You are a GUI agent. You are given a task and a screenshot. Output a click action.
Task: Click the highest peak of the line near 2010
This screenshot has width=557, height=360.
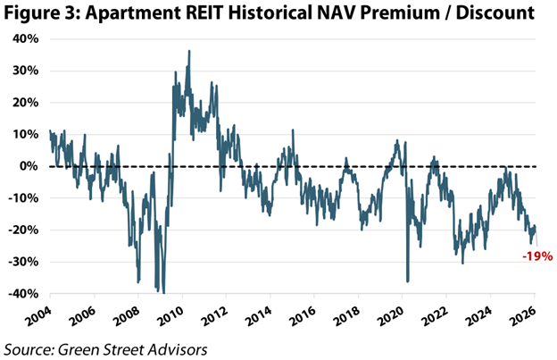188,52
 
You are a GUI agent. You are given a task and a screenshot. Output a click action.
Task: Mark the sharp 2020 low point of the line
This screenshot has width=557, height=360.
407,281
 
